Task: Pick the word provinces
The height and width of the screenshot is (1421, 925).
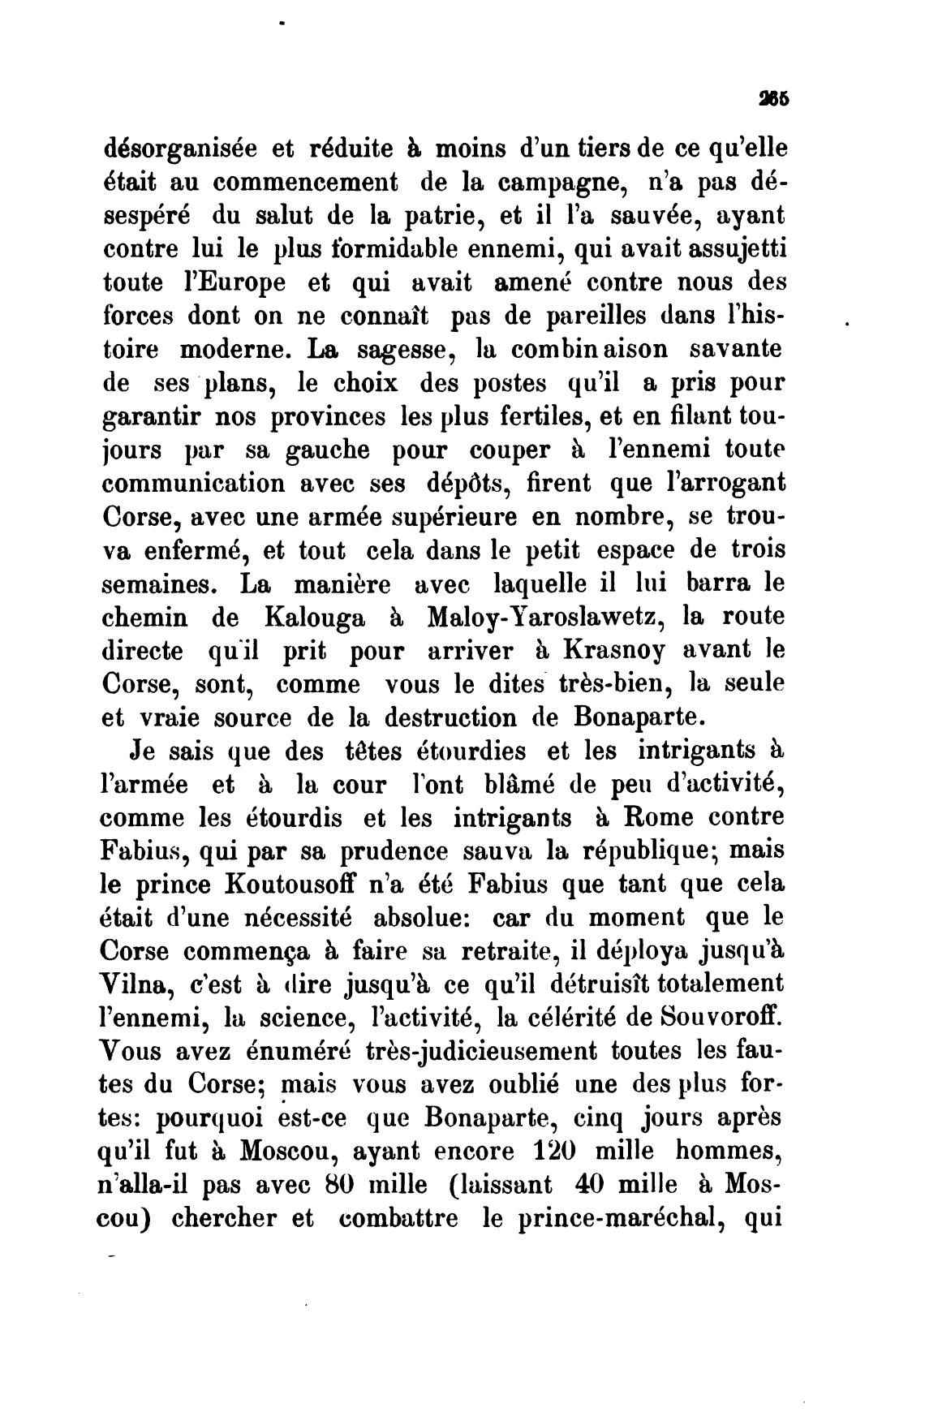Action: (327, 416)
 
